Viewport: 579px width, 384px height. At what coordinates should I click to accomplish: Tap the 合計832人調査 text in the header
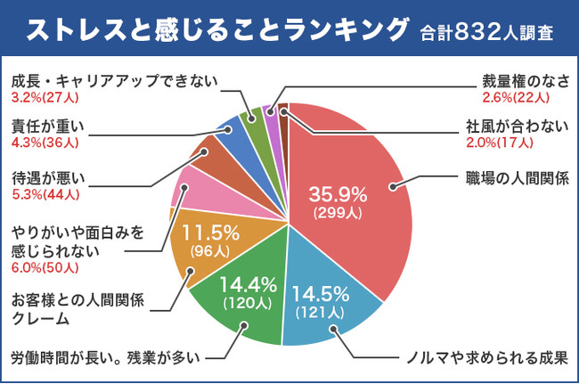pyautogui.click(x=487, y=33)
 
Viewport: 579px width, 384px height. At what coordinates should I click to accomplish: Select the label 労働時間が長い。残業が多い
pyautogui.click(x=102, y=358)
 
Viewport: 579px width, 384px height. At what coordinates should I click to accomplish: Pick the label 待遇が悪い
pyautogui.click(x=45, y=177)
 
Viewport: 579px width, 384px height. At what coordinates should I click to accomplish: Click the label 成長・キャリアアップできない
pyautogui.click(x=114, y=82)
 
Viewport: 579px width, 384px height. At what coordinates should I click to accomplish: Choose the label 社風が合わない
pyautogui.click(x=517, y=126)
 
